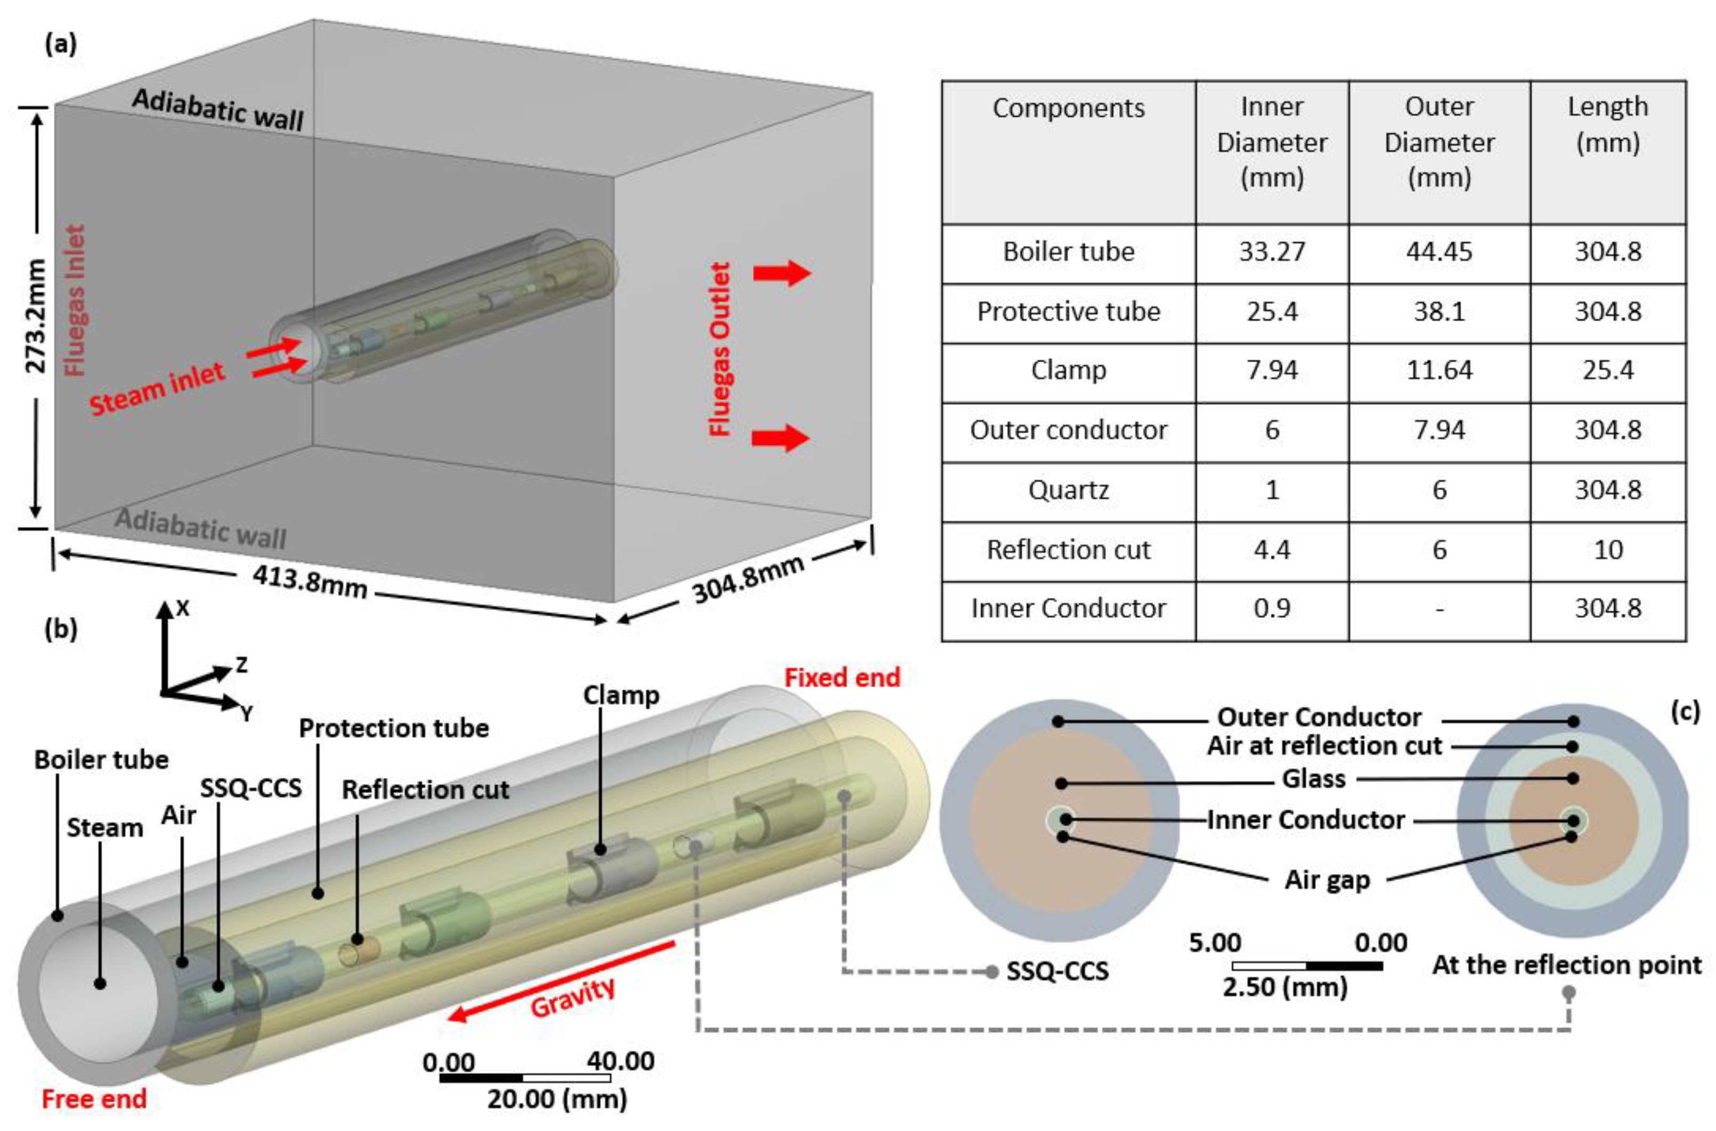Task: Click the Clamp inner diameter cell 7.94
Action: point(1271,371)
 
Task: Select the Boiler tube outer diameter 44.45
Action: point(1438,252)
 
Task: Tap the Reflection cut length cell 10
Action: point(1607,550)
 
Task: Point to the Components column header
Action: point(1068,108)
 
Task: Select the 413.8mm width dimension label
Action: point(310,581)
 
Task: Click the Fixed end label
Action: point(842,678)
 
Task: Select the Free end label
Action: point(94,1099)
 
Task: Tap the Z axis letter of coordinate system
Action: point(242,664)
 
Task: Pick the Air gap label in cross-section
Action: point(1327,880)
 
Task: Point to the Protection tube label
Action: point(394,728)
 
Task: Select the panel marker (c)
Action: point(1685,712)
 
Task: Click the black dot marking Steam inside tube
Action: point(100,983)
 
